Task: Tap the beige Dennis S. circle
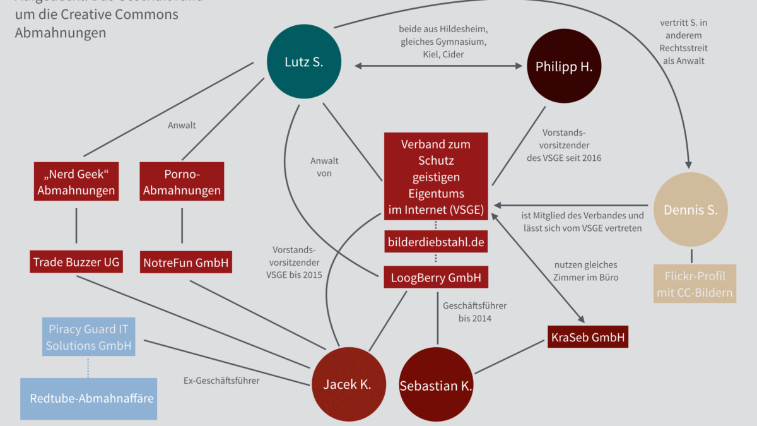click(x=690, y=210)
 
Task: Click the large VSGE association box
click(x=436, y=176)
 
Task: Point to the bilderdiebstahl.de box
click(x=436, y=242)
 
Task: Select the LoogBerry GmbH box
click(x=436, y=277)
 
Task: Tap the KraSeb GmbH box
click(x=587, y=337)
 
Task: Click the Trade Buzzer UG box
click(x=76, y=261)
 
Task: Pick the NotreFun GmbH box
click(x=185, y=261)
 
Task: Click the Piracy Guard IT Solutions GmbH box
click(x=88, y=337)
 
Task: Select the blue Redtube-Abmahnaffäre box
click(x=88, y=398)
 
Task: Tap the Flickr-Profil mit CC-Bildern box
click(x=695, y=284)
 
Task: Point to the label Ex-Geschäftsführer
click(x=221, y=381)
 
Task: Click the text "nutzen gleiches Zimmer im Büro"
click(x=586, y=271)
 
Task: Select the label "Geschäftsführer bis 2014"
click(x=474, y=312)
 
